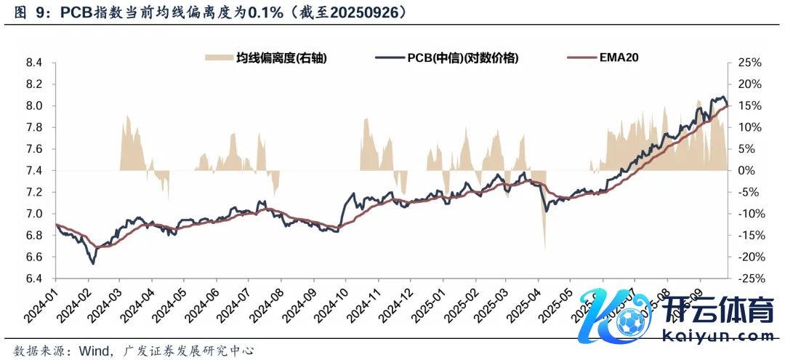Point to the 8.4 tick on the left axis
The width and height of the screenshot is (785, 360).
coord(34,63)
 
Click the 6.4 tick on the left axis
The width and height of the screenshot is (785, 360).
coord(34,279)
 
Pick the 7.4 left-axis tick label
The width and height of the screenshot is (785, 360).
coord(34,171)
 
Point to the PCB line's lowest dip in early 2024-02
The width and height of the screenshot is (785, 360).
coord(92,263)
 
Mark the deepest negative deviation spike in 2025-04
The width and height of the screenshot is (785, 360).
coord(544,248)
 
